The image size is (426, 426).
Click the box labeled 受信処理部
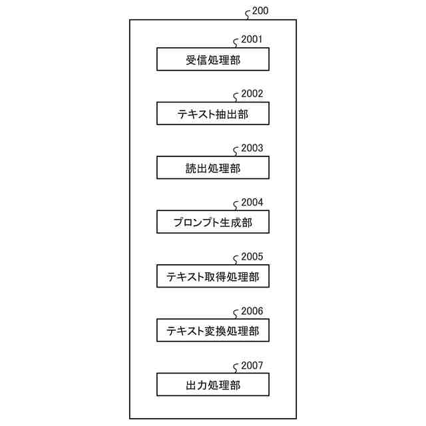pos(213,60)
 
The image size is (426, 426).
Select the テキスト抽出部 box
pos(213,114)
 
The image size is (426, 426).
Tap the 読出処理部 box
pos(213,168)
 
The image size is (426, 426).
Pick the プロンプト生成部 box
pos(213,222)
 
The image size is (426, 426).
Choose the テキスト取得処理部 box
pos(213,276)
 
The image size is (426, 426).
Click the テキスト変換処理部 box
pos(213,330)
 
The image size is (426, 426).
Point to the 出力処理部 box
pos(213,385)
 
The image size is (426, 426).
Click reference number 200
pos(262,11)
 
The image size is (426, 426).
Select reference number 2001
pos(252,39)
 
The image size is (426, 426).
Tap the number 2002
pos(252,94)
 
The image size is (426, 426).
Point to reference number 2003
pos(252,148)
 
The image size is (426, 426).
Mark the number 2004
pos(252,202)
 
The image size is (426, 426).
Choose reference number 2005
pos(252,256)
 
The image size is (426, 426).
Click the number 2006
pos(252,311)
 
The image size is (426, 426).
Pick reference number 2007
pos(252,365)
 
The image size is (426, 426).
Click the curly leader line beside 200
pos(248,15)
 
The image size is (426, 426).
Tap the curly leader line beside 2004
pos(236,206)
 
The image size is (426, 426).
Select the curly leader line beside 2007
pos(236,368)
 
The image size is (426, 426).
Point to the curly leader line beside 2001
pos(236,43)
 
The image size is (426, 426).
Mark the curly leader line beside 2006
pos(236,314)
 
